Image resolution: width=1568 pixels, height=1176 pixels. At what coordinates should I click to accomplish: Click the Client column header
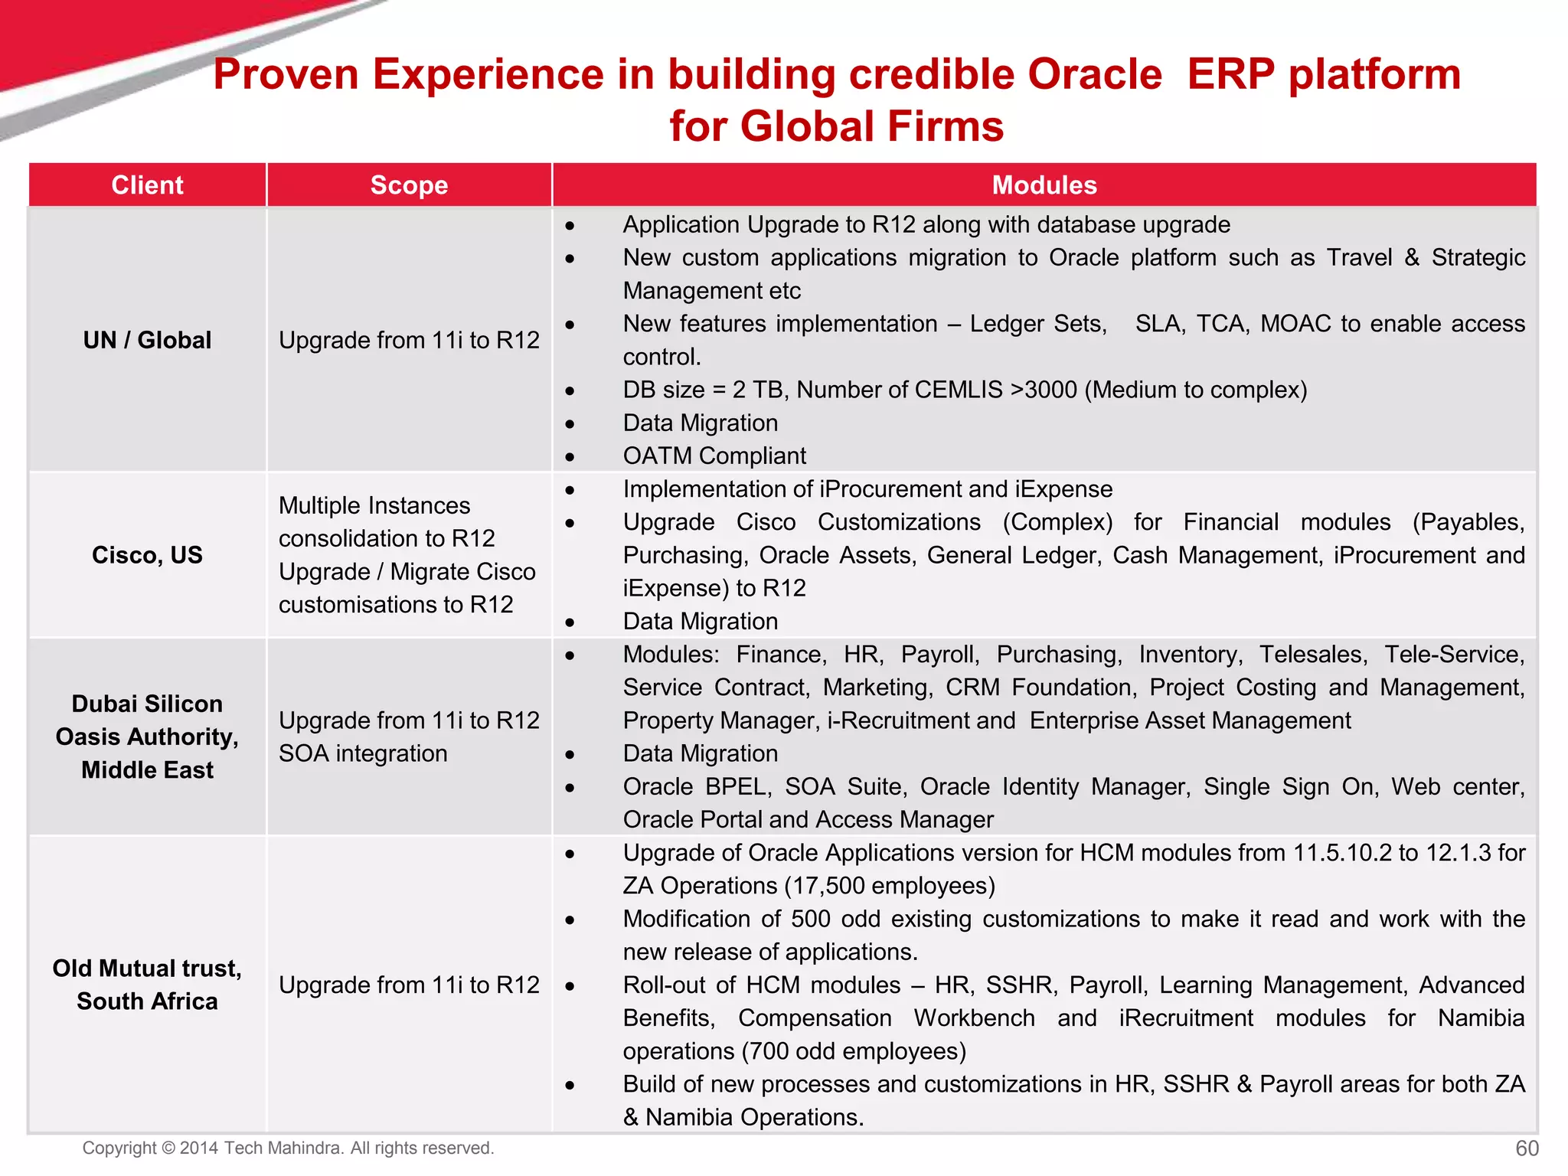tap(147, 185)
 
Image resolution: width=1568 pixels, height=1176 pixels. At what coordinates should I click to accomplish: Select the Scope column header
tap(409, 185)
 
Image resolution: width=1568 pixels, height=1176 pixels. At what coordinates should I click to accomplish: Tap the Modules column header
tap(1044, 185)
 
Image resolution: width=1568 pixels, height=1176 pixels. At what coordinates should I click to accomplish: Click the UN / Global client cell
tap(147, 340)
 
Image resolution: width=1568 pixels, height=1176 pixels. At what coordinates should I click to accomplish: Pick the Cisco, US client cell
tap(147, 555)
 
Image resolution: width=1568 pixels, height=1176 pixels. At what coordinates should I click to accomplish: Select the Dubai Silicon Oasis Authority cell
tap(147, 737)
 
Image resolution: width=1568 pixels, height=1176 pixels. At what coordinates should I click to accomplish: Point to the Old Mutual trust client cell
tap(147, 985)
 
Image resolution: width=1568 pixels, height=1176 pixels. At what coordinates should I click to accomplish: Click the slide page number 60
tap(1527, 1148)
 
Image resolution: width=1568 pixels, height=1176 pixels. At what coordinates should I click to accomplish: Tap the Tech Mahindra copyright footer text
tap(288, 1148)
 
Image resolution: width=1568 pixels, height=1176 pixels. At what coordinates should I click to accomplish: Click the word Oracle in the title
tap(1094, 75)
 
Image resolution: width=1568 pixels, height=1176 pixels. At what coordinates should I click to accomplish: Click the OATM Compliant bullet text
tap(714, 456)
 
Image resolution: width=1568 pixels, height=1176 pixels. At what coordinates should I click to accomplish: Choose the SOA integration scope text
tap(363, 753)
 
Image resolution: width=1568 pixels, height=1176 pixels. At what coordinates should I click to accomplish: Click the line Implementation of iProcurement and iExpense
tap(867, 489)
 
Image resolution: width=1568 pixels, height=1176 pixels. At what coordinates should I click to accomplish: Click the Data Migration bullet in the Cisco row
tap(700, 622)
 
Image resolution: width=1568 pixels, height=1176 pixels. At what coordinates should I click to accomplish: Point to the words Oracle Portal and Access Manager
tap(808, 820)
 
